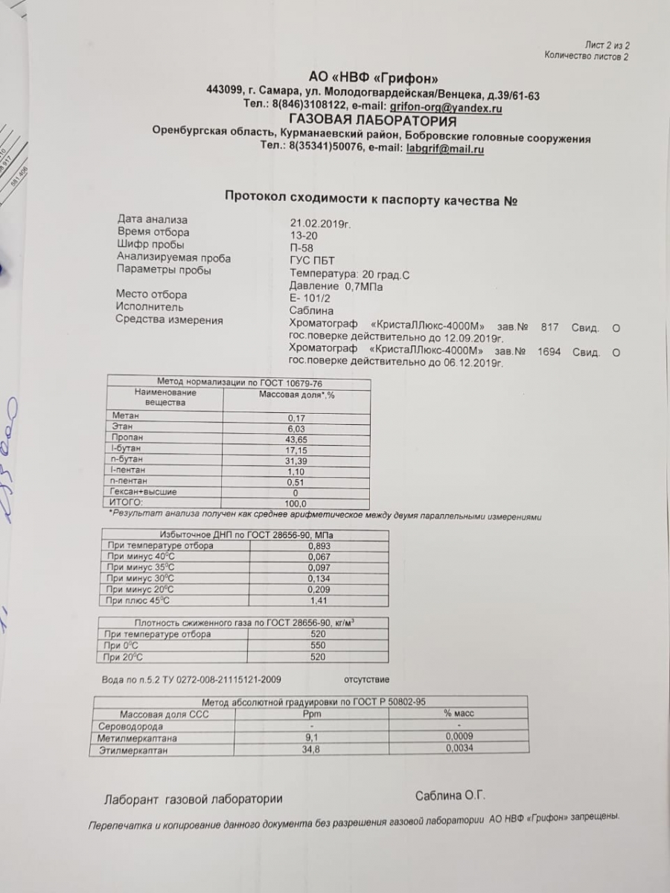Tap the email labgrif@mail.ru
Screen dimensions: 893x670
point(445,149)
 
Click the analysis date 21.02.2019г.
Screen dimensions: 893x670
point(320,222)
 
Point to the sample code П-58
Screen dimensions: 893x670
point(302,246)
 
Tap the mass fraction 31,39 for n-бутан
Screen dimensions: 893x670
point(296,461)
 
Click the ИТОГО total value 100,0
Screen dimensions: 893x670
point(296,504)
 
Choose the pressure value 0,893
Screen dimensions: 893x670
point(319,546)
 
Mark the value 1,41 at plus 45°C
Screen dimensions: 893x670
point(318,601)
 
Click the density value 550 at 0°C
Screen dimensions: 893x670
point(318,646)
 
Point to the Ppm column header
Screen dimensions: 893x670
point(311,714)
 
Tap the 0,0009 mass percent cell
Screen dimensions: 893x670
point(459,737)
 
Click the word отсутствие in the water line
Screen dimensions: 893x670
point(366,679)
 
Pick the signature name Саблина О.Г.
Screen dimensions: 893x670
point(450,796)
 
